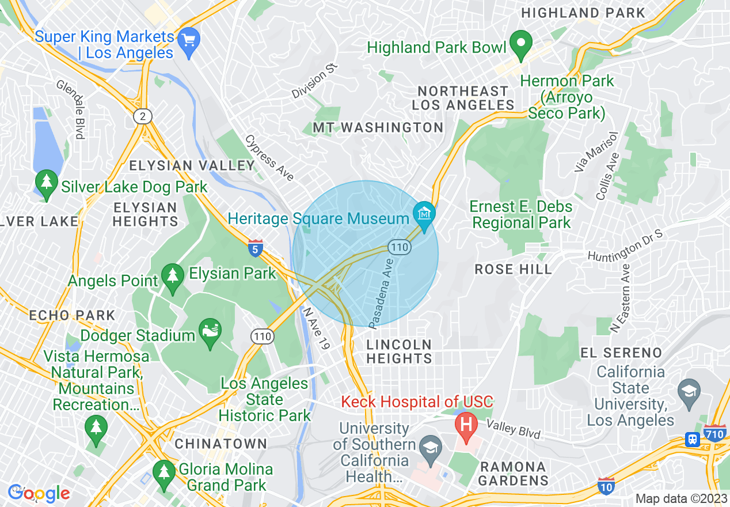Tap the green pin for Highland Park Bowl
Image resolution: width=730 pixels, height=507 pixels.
pos(522,44)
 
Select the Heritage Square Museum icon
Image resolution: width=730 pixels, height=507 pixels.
pos(424,214)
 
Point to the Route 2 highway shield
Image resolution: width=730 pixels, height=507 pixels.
pos(142,117)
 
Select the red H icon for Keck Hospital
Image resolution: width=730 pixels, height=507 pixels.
pos(466,425)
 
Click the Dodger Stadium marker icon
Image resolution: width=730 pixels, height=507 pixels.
pos(210,332)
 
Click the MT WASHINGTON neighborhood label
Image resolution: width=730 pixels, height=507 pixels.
pos(378,127)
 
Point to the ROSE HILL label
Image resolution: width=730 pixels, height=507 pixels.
pos(513,269)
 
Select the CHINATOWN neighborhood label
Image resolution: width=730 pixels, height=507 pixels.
pos(221,444)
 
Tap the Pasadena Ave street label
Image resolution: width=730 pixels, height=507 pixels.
pos(381,293)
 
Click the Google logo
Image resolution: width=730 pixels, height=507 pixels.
pos(39,493)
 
